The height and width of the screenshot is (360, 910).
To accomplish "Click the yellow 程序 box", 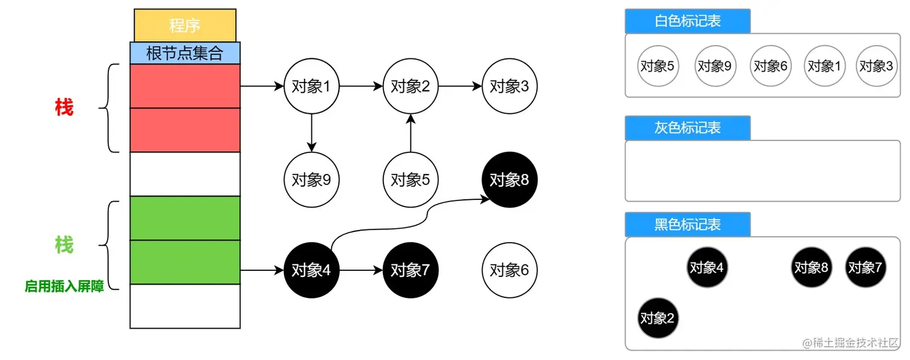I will [185, 26].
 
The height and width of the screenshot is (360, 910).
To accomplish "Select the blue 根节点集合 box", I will [185, 53].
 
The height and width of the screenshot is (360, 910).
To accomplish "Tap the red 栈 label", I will [64, 108].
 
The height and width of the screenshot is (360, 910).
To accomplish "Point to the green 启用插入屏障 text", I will [64, 287].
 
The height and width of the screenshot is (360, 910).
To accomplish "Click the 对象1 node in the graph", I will [311, 86].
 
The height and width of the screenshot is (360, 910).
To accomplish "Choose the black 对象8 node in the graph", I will [510, 179].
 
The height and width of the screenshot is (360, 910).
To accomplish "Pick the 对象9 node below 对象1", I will [311, 179].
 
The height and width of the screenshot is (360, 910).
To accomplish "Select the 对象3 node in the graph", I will [510, 86].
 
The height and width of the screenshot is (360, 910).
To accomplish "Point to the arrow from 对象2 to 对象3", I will [460, 86].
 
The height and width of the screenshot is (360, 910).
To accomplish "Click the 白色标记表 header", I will [687, 21].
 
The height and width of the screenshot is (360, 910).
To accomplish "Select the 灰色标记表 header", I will [687, 128].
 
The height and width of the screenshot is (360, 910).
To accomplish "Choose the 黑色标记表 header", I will [687, 225].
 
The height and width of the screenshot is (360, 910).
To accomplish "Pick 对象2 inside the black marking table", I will [658, 318].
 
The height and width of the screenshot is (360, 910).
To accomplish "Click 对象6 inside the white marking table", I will [770, 66].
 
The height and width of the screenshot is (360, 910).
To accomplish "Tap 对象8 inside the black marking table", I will [811, 267].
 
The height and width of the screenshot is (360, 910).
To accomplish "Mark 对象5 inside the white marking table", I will [658, 66].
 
